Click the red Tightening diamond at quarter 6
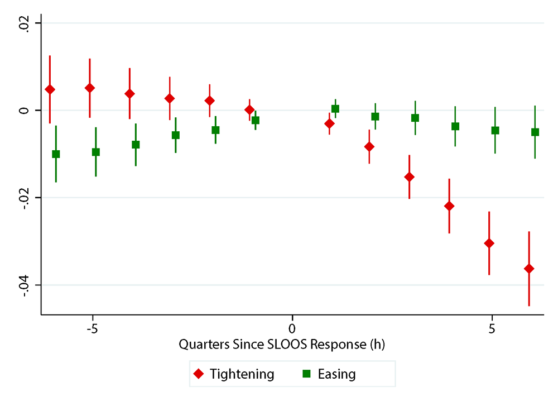(529, 269)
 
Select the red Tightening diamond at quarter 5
(489, 243)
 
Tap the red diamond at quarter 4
(449, 206)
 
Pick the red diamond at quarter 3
(410, 177)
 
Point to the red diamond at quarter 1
(329, 123)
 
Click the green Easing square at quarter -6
(56, 154)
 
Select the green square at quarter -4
(136, 145)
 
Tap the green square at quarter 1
(335, 109)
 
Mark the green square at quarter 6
(535, 132)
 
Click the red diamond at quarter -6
(50, 89)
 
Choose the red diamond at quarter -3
(170, 98)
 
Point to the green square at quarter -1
(256, 120)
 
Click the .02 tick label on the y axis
(24, 23)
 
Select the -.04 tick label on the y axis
(24, 285)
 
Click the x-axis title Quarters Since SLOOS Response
(282, 345)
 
